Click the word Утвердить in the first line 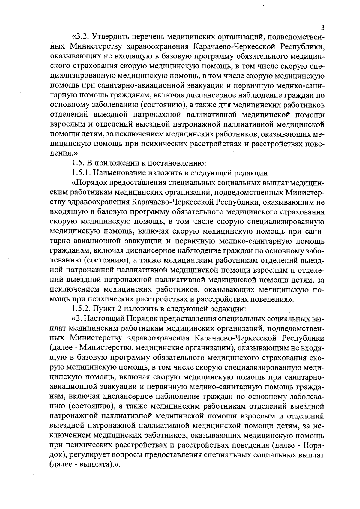point(110,37)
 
